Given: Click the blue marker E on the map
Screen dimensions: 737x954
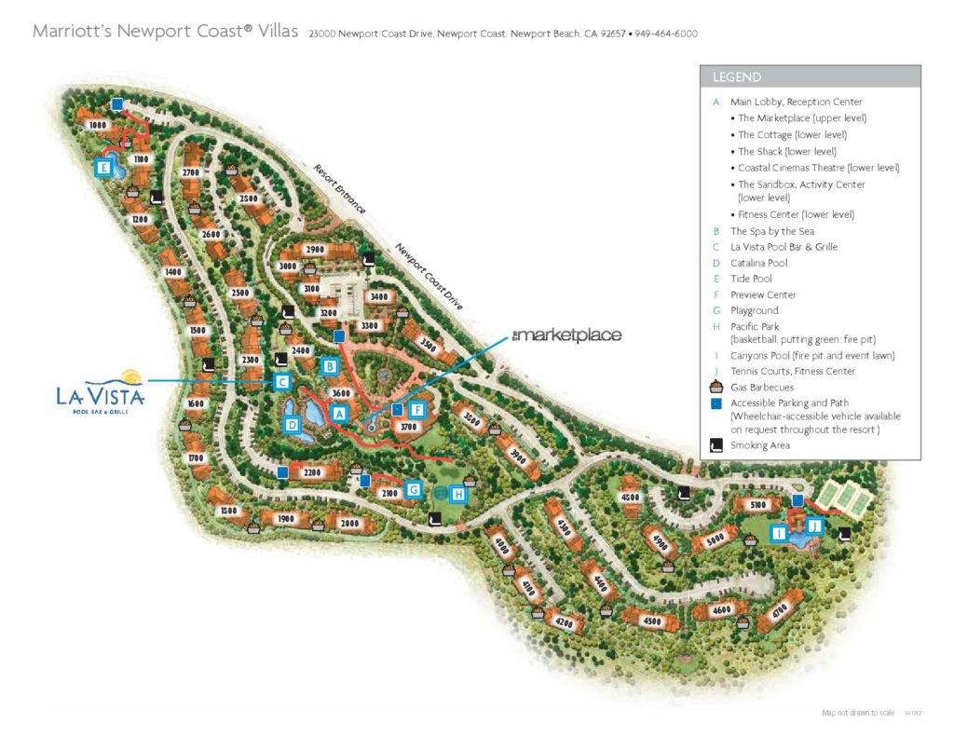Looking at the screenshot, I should (103, 169).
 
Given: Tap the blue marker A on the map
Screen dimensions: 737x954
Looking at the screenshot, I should (339, 412).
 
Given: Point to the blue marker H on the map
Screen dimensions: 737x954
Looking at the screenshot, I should (457, 494).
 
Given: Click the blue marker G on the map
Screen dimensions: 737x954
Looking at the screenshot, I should (414, 489).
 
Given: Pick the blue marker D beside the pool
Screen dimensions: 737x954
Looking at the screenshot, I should (292, 426).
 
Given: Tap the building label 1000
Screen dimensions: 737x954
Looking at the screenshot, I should (98, 125).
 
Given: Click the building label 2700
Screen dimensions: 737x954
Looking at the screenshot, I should (192, 172).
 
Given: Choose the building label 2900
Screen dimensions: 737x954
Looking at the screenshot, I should (315, 250).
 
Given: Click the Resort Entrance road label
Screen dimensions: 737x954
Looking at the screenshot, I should (339, 189).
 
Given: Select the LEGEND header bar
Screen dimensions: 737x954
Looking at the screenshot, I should (810, 77).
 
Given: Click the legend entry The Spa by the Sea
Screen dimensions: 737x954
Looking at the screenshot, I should (772, 231).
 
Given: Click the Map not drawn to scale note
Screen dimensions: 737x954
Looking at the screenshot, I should (858, 713).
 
